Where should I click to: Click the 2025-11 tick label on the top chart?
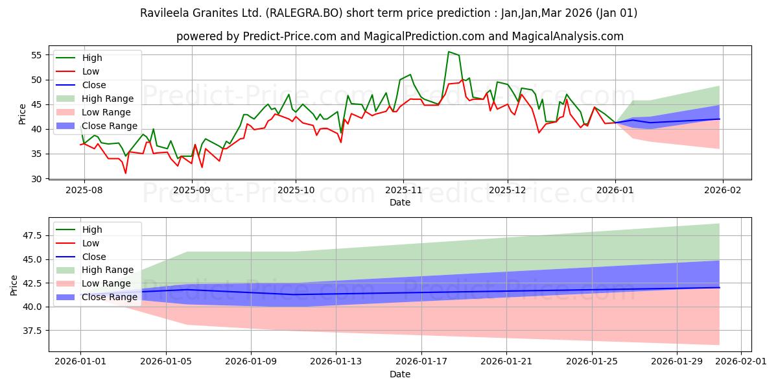point(403,191)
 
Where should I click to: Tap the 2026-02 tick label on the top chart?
point(723,191)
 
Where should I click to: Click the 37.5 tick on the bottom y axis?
point(31,331)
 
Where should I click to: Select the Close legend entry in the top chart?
point(94,85)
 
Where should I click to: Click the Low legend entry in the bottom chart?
point(91,243)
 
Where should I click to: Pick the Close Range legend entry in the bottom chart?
point(110,297)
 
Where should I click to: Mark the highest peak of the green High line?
point(448,52)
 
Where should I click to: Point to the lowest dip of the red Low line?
point(126,173)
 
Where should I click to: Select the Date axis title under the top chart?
point(400,203)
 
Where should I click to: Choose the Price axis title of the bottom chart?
point(14,285)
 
